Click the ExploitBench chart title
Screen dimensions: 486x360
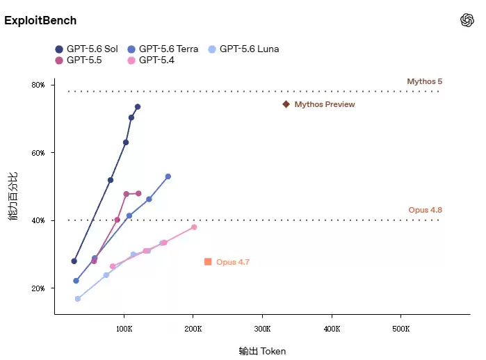pos(40,20)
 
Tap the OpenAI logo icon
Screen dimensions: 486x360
pos(467,20)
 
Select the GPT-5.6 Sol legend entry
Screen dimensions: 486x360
pos(86,49)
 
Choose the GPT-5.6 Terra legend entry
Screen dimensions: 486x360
pos(163,49)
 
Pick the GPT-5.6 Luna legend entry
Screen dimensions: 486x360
pos(243,49)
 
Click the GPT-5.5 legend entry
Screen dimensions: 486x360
pos(79,60)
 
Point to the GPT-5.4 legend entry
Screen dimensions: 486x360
pos(151,60)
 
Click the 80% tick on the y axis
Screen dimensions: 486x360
pos(38,85)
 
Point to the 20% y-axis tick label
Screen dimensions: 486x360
pos(38,288)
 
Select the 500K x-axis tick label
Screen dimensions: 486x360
pos(401,329)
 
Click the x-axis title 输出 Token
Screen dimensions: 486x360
pos(262,352)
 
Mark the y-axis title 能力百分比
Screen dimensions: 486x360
pos(13,196)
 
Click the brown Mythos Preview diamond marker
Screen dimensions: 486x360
pos(286,104)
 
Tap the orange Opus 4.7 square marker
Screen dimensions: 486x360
pos(208,262)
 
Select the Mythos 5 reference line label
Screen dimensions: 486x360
pos(425,81)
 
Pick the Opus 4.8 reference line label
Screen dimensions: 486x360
pos(426,210)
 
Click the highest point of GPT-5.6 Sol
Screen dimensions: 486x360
pos(138,107)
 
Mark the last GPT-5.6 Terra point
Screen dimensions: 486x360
pos(168,177)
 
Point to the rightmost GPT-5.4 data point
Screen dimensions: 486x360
pos(194,227)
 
